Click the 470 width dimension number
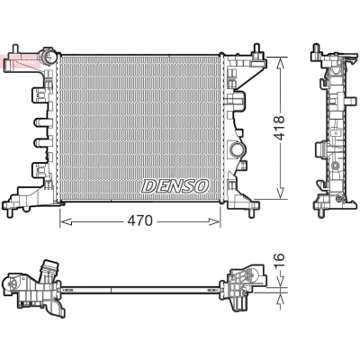(140, 221)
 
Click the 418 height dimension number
(280, 128)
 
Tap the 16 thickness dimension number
(279, 261)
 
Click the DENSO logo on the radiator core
(175, 186)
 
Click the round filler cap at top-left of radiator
(48, 57)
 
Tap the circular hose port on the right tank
(236, 149)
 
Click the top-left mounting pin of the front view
(15, 49)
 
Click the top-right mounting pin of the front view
(256, 49)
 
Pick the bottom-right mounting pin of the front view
(252, 212)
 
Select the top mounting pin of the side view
(315, 49)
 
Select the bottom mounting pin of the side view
(320, 212)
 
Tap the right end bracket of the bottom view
(243, 285)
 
